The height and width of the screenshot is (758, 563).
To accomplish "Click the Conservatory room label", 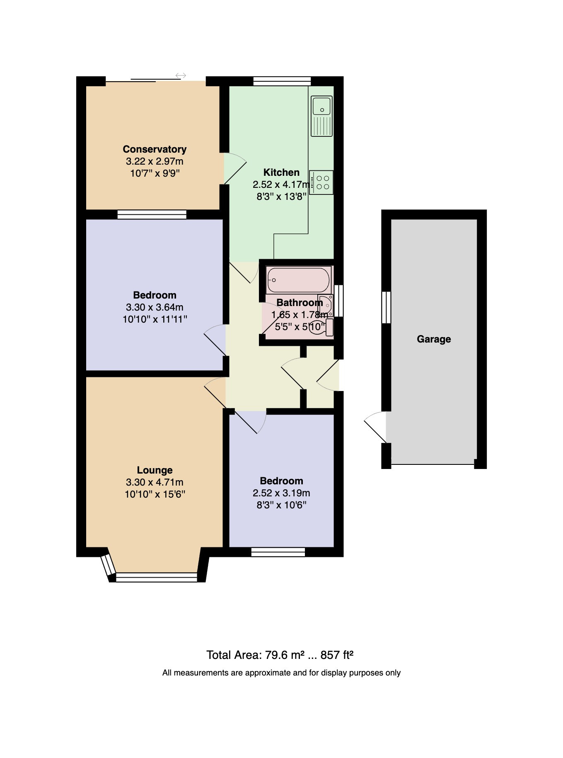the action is click(x=155, y=149).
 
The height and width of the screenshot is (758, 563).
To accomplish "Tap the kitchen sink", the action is click(x=322, y=116).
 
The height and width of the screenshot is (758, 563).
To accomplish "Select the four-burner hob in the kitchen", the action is click(x=321, y=182).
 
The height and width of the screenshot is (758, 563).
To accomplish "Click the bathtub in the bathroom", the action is click(x=299, y=280).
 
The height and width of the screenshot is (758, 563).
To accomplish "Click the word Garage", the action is click(x=434, y=339).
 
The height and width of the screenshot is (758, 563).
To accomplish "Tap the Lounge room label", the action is click(x=155, y=470).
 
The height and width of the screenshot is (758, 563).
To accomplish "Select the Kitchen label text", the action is click(x=281, y=172).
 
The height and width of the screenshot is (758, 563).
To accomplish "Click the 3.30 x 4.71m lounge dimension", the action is click(x=155, y=482).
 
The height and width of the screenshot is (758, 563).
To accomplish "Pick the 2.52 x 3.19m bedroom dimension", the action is click(x=281, y=493).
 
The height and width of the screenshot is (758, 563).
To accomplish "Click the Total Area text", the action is click(x=280, y=655).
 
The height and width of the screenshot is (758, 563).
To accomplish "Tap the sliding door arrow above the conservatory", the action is click(x=181, y=75).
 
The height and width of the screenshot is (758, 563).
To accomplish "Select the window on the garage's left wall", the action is click(x=386, y=307).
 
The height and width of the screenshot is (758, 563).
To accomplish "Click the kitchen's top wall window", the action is click(x=282, y=81).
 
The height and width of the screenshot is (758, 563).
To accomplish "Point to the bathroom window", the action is click(x=338, y=301).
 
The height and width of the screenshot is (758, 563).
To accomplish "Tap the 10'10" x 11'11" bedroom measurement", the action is click(x=155, y=319).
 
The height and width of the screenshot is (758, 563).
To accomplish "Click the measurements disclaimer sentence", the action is click(x=281, y=673).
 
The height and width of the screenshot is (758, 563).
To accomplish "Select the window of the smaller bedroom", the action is click(x=278, y=552).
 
